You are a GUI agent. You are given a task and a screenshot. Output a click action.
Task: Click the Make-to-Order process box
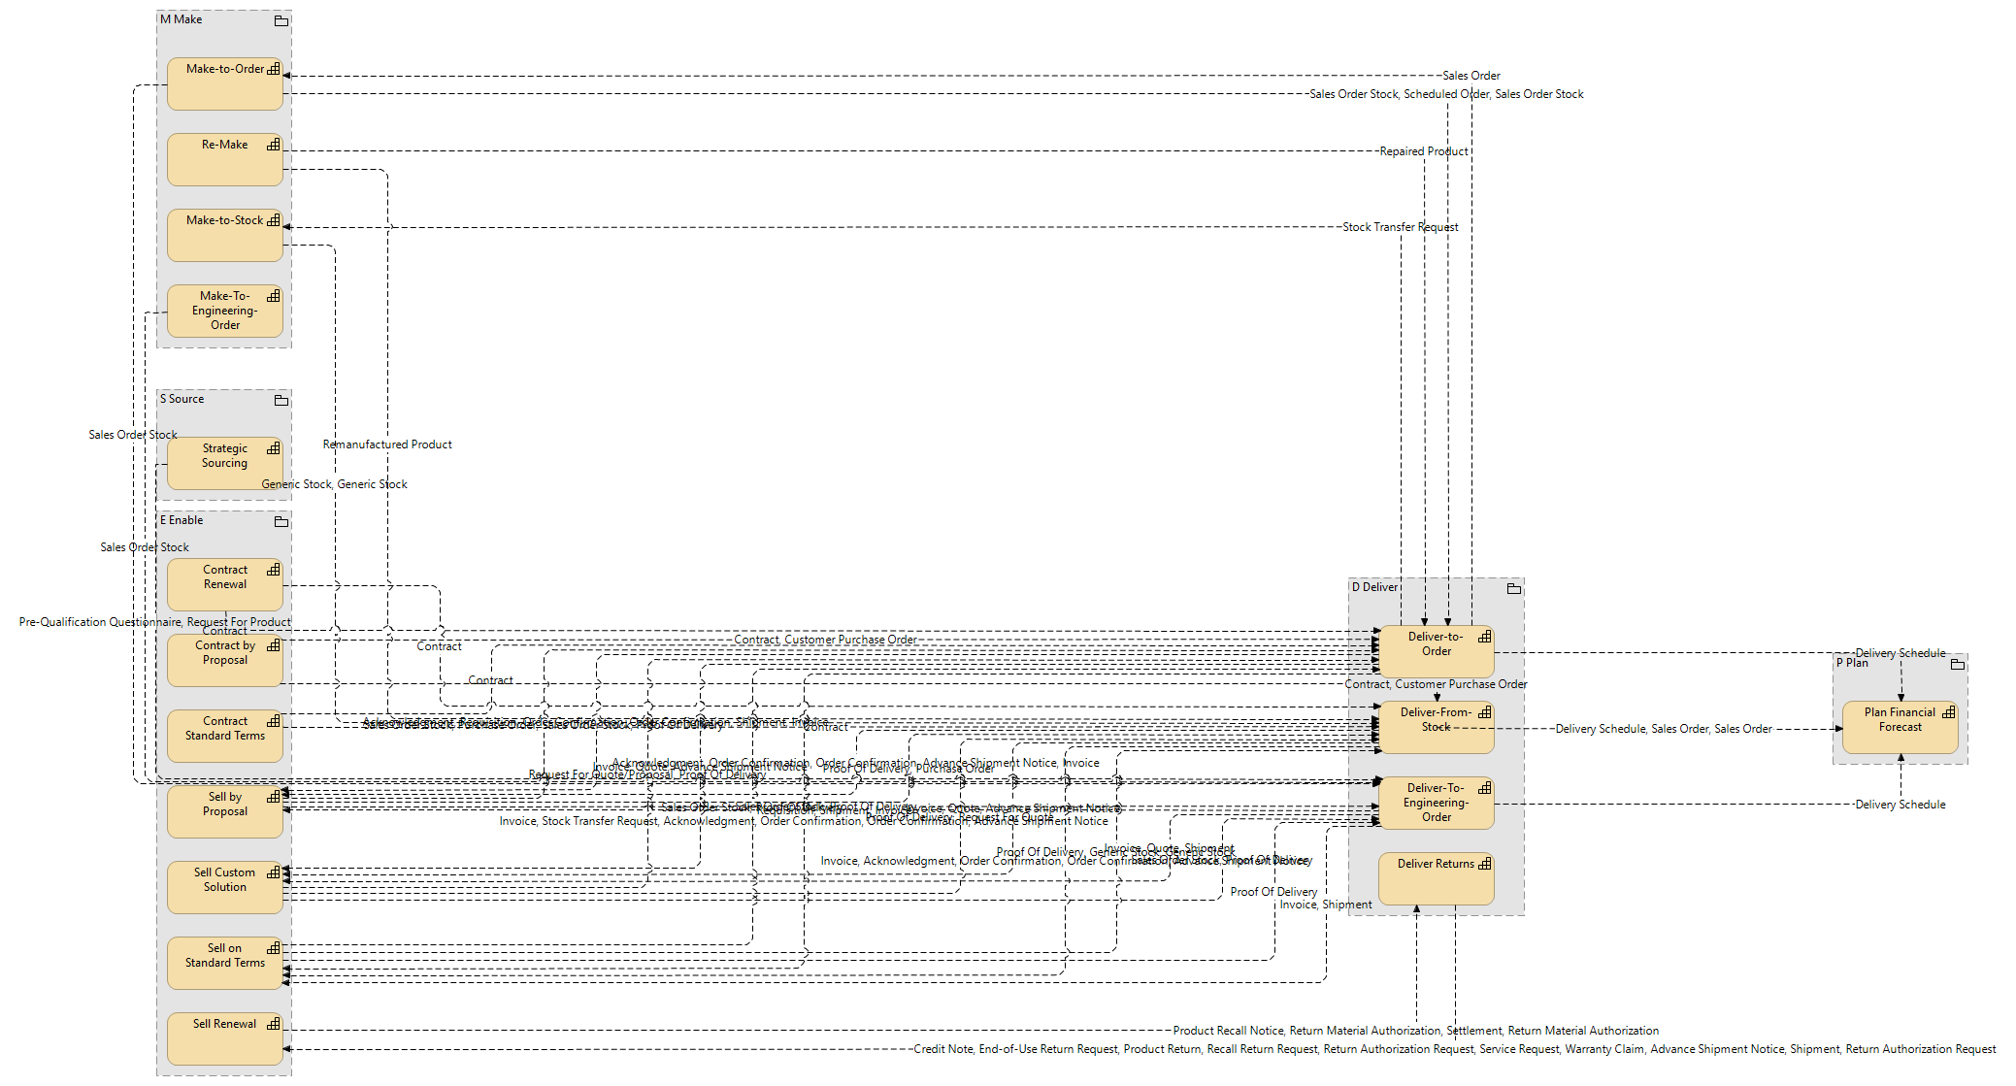point(224,84)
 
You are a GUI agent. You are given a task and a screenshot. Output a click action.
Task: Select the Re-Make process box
point(224,160)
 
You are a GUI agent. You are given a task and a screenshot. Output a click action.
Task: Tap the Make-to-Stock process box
point(224,236)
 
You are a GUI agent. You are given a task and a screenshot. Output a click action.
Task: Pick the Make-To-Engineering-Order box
point(224,311)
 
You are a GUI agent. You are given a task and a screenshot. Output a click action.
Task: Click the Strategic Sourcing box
point(224,464)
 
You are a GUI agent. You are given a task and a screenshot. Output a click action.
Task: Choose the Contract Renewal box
point(224,585)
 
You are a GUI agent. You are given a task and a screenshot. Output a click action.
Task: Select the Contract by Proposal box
point(224,661)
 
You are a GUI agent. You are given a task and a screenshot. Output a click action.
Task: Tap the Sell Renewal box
point(224,1039)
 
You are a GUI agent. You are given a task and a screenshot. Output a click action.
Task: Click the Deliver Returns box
point(1436,879)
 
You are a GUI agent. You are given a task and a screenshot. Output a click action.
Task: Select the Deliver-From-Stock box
point(1436,728)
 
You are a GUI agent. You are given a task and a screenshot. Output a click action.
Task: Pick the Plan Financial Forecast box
point(1900,728)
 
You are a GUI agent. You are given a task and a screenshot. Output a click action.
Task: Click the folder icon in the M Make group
point(281,20)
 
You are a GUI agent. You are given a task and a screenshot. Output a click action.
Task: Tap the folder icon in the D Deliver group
point(1513,588)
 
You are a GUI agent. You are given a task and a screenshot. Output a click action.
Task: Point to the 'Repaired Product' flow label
point(1424,151)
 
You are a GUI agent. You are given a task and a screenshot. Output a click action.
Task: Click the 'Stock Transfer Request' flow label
point(1400,227)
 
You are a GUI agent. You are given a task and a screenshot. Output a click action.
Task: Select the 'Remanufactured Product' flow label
point(387,444)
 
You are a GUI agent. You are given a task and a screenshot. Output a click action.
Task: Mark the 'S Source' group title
point(182,399)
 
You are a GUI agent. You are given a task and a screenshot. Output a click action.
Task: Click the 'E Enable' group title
point(182,520)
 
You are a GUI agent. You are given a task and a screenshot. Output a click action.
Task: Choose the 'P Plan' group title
point(1852,663)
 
